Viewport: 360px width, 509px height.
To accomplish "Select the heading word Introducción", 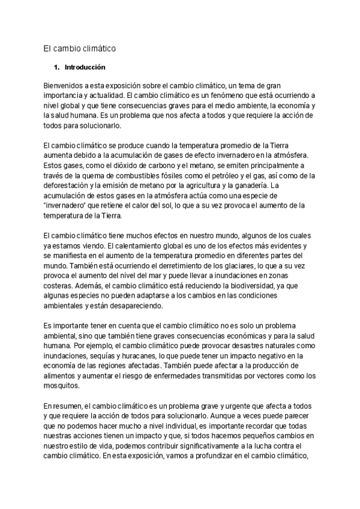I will (85, 67).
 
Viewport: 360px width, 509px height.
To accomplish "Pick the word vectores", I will (259, 376).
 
